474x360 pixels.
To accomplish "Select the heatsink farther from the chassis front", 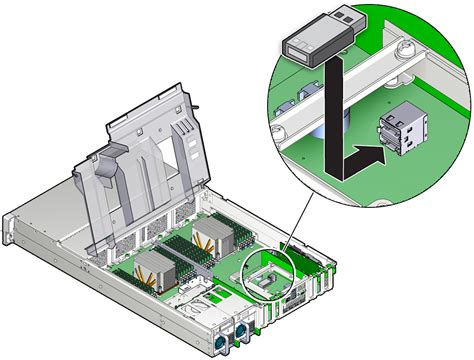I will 215,240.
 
